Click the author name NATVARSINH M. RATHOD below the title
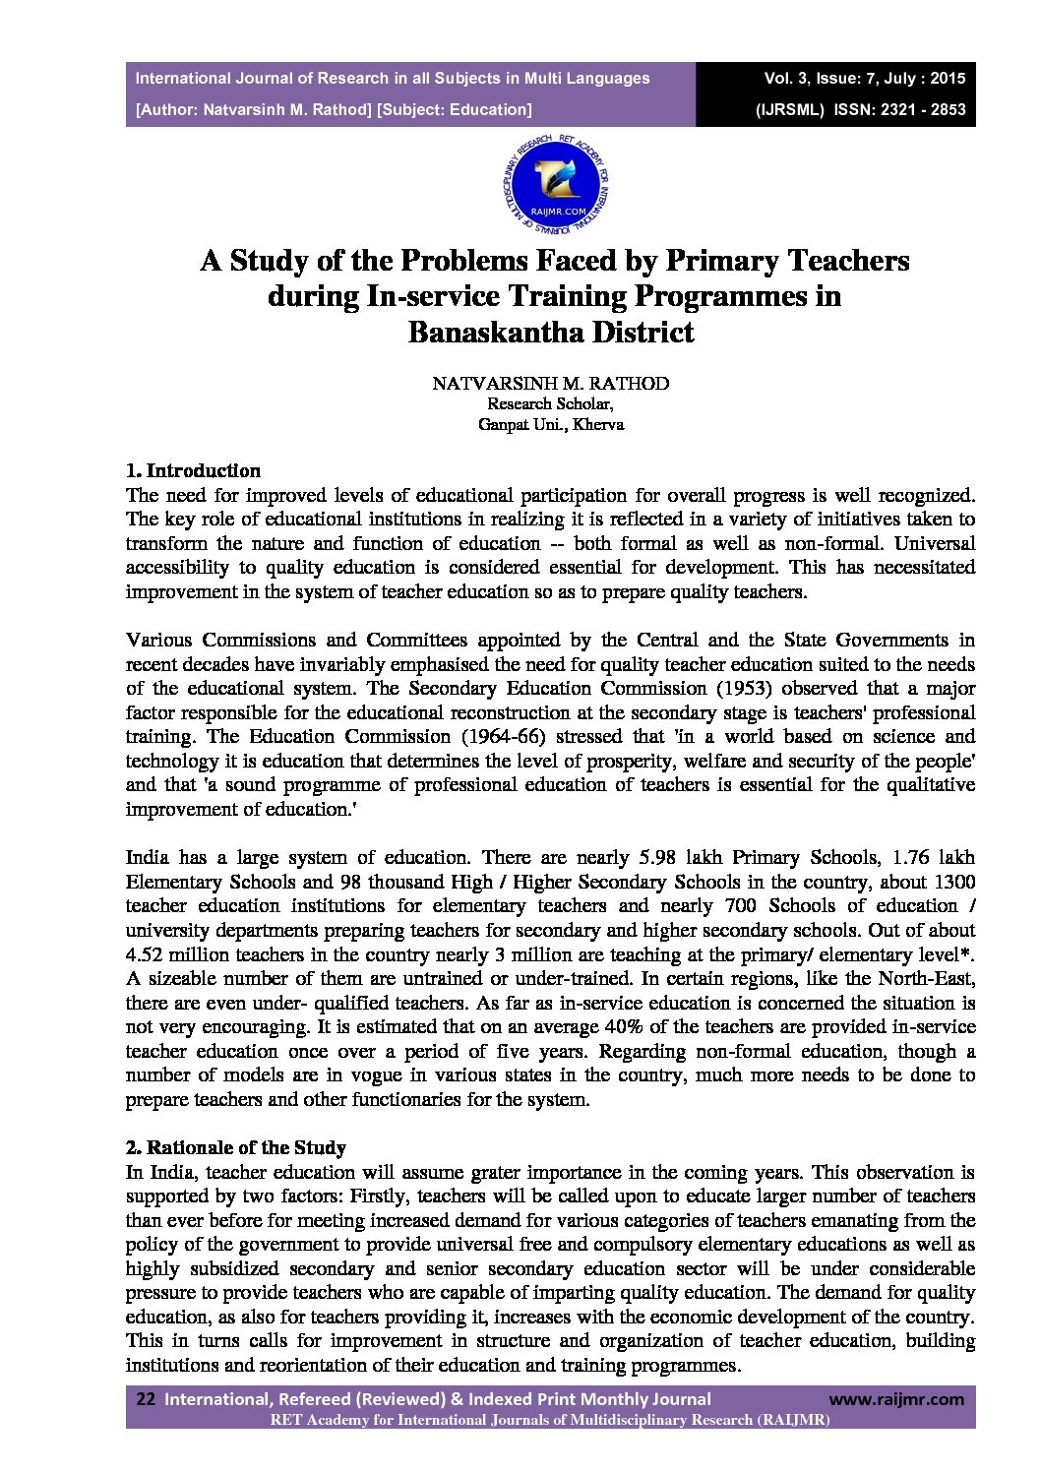point(550,383)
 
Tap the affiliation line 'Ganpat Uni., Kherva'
point(550,425)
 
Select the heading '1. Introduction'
point(194,470)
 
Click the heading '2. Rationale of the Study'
point(236,1147)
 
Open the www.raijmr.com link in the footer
point(896,1399)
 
